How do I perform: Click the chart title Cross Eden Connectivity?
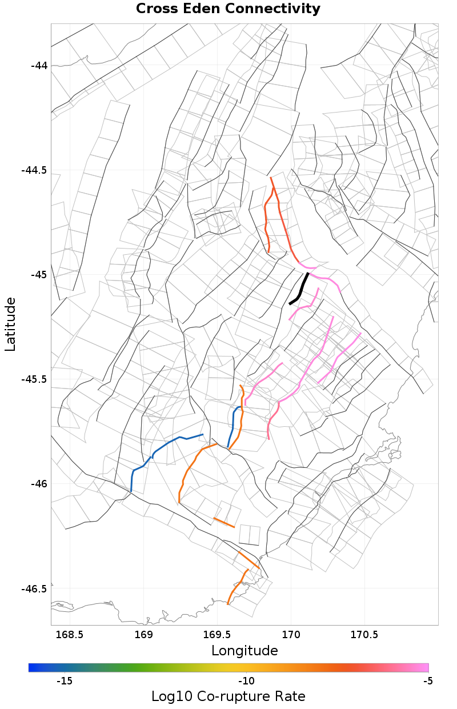click(228, 9)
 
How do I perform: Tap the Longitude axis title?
click(244, 650)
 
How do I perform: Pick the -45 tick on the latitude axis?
click(39, 275)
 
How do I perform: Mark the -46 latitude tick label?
click(39, 484)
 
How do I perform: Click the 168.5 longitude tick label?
click(69, 635)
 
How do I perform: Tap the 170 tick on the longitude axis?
click(291, 635)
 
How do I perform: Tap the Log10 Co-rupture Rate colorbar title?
click(228, 696)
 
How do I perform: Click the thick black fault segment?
click(300, 290)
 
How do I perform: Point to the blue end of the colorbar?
click(32, 667)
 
